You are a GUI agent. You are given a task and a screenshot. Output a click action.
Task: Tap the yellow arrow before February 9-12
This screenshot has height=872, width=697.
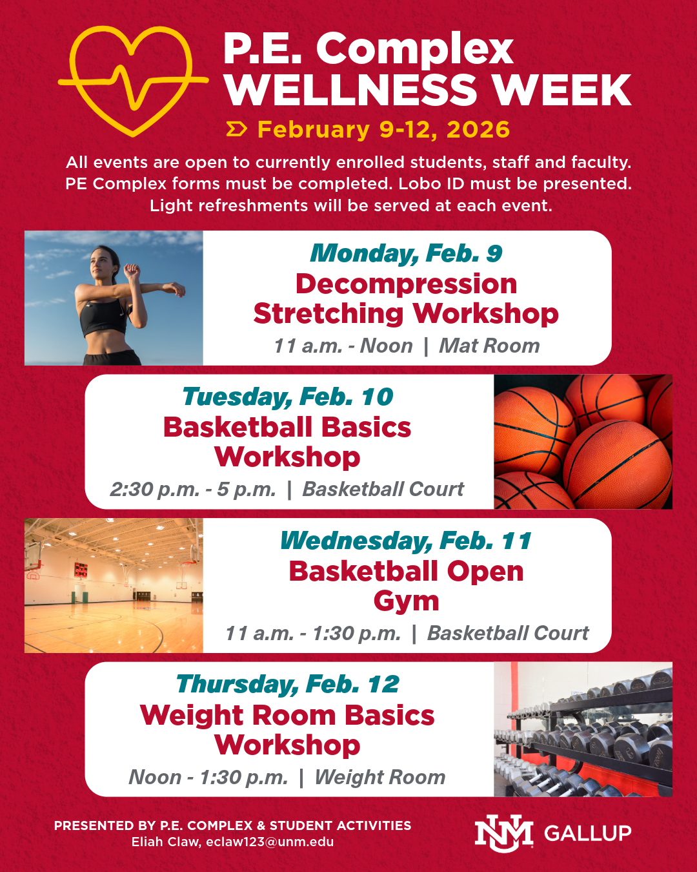[x=236, y=130]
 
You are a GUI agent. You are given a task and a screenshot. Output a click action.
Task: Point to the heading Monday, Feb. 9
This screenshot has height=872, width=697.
[x=406, y=253]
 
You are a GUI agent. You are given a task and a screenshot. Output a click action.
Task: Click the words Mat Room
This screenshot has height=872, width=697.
[x=489, y=346]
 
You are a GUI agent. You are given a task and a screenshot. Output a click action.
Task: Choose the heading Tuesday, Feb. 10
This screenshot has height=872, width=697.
[x=288, y=397]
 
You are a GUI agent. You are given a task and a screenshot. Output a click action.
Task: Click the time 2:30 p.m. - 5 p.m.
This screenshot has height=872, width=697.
[x=193, y=489]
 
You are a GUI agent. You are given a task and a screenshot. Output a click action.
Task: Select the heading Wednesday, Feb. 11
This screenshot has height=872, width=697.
[x=406, y=541]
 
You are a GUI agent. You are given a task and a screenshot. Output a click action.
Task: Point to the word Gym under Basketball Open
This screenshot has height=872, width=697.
[x=406, y=601]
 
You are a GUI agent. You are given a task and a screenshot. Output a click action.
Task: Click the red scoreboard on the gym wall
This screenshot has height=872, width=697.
[x=81, y=570]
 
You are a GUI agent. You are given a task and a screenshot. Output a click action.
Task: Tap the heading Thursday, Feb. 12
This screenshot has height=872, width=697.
[x=288, y=685]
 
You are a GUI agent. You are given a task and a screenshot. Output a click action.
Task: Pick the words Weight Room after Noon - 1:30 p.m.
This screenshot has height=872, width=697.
[x=380, y=777]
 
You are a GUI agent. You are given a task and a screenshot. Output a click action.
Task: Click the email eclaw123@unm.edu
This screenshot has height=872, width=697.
[x=270, y=842]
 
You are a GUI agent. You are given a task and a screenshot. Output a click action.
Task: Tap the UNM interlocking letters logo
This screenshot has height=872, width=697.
[x=504, y=833]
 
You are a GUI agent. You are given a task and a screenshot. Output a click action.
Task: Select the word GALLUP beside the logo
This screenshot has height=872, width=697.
[x=588, y=833]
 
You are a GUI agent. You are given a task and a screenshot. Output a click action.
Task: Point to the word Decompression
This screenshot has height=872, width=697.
[x=406, y=284]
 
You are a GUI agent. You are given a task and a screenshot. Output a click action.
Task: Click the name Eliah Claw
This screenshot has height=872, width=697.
[x=166, y=842]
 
